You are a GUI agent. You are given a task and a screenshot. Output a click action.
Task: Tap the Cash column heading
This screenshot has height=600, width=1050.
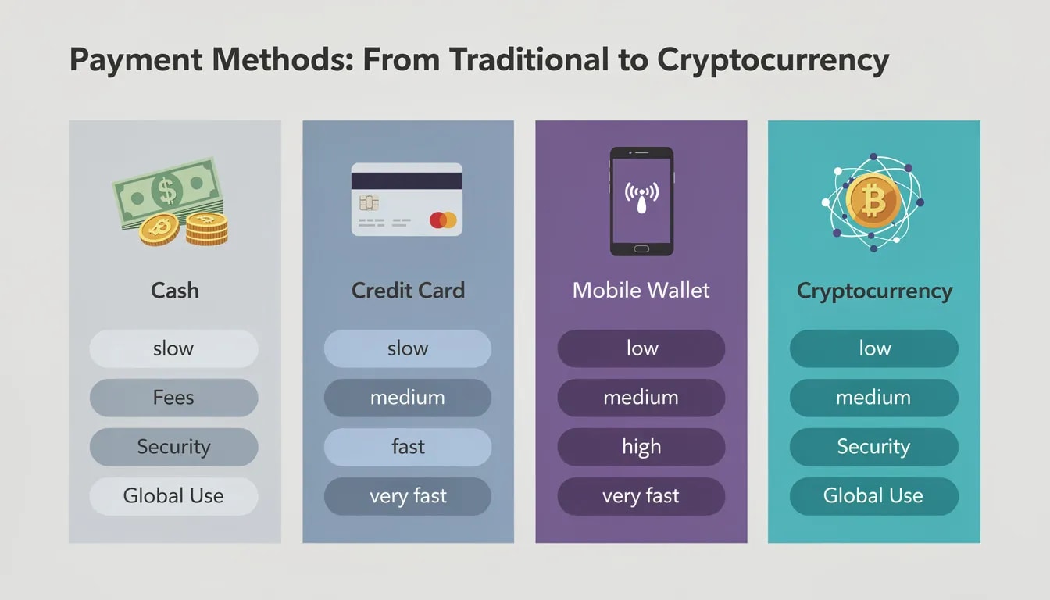(174, 291)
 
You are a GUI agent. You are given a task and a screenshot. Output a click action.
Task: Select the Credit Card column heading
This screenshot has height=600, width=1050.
(408, 291)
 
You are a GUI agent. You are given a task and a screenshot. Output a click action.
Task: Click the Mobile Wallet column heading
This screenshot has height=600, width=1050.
(641, 291)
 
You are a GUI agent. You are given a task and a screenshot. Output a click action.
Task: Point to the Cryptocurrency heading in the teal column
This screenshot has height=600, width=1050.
(874, 291)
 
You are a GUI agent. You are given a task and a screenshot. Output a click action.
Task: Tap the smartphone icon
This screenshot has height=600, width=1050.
(641, 201)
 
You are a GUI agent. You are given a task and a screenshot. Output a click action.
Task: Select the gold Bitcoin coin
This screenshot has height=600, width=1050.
(873, 200)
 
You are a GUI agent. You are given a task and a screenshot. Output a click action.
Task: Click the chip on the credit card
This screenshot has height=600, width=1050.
(369, 203)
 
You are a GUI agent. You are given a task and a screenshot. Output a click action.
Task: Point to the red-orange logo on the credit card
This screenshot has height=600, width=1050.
(442, 220)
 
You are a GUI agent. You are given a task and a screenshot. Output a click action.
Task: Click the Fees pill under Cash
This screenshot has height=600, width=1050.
(173, 398)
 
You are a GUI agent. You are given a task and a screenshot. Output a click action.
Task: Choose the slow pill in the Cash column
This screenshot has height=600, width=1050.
(173, 348)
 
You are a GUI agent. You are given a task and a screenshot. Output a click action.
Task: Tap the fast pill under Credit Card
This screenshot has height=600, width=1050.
(408, 447)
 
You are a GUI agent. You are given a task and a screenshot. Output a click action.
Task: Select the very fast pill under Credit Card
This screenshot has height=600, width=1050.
(408, 496)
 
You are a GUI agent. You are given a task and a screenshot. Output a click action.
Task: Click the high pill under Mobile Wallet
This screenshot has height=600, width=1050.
(641, 447)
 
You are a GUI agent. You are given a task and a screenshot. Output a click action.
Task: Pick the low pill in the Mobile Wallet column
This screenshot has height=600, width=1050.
(641, 348)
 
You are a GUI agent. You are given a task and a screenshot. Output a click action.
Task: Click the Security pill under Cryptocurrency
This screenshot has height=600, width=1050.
(873, 447)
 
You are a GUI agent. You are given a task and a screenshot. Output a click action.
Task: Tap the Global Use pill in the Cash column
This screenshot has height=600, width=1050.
(173, 496)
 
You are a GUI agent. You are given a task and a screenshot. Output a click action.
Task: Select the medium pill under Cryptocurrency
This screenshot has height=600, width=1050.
(873, 398)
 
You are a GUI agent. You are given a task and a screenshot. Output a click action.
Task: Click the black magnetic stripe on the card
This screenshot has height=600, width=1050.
(406, 180)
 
